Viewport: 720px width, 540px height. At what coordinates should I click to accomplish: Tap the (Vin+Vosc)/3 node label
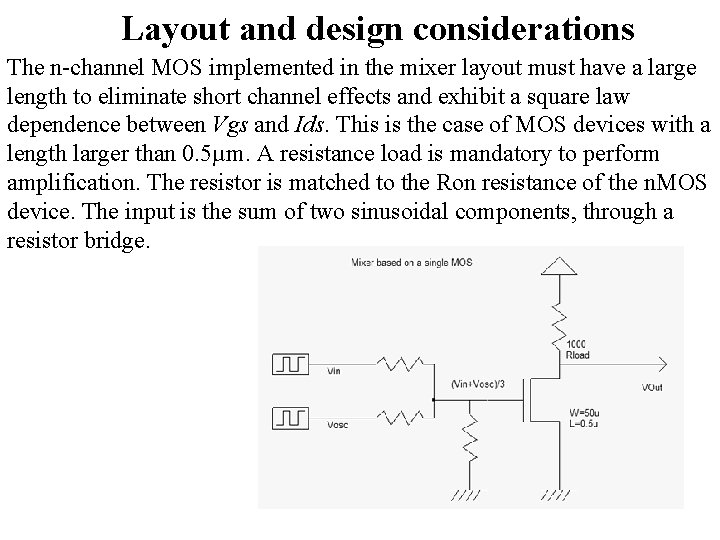[478, 384]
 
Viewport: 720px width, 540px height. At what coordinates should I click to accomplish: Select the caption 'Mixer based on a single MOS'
[411, 263]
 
